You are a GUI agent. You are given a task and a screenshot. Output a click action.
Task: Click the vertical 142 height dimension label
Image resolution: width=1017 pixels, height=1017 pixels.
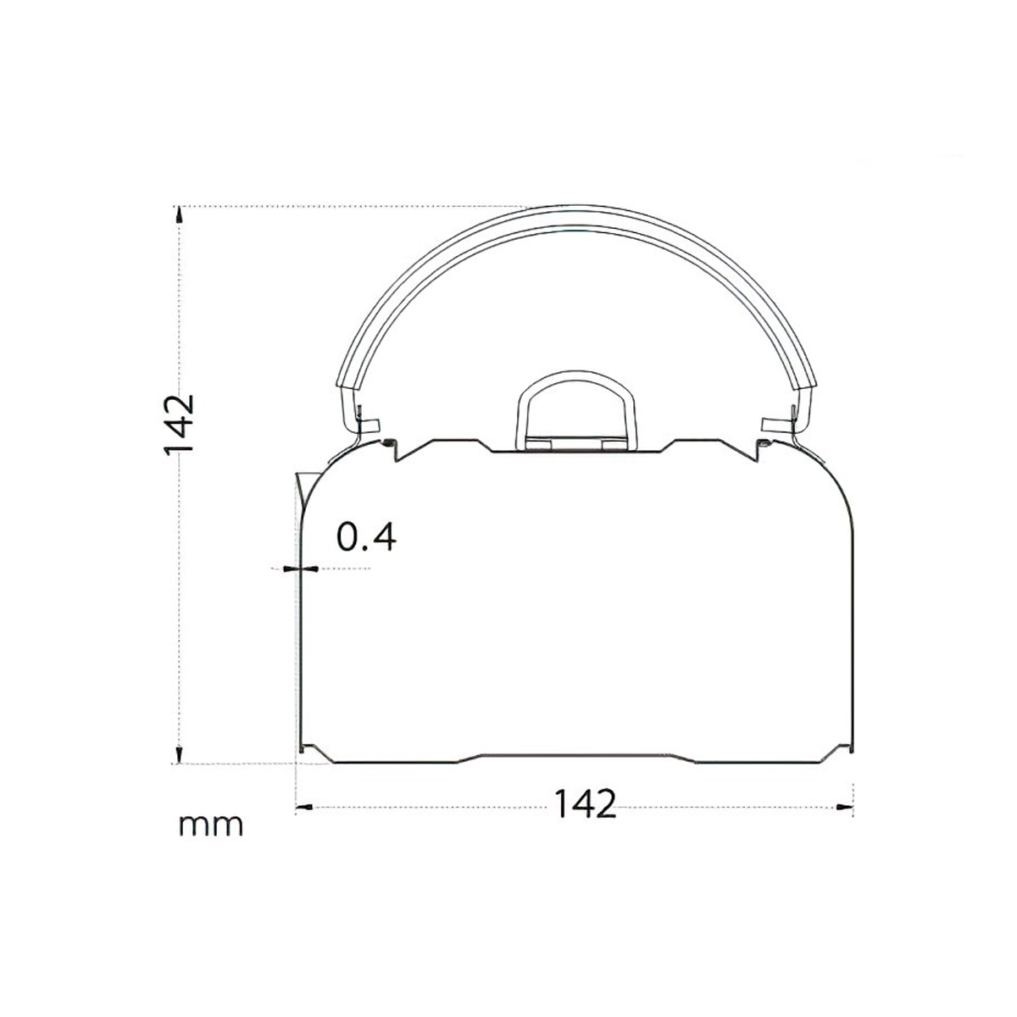pos(180,425)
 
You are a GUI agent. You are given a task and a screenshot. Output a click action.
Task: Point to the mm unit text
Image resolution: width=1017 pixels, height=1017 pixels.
pos(211,824)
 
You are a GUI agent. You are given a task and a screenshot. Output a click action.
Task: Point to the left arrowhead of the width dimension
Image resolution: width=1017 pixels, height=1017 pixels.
pos(302,806)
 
